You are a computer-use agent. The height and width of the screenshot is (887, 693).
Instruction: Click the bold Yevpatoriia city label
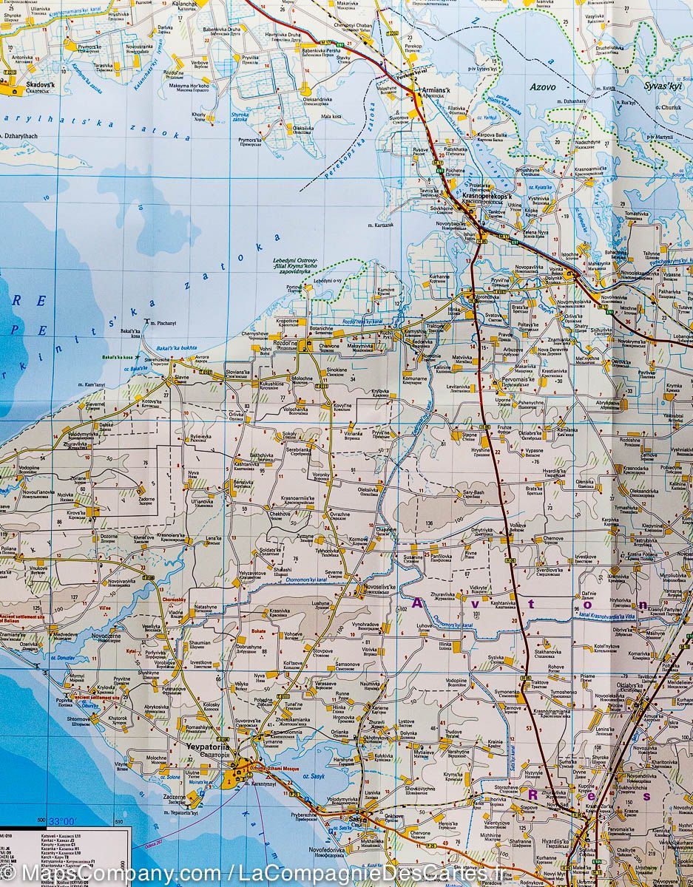(209, 747)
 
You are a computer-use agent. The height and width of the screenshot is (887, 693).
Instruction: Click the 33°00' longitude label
(62, 820)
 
